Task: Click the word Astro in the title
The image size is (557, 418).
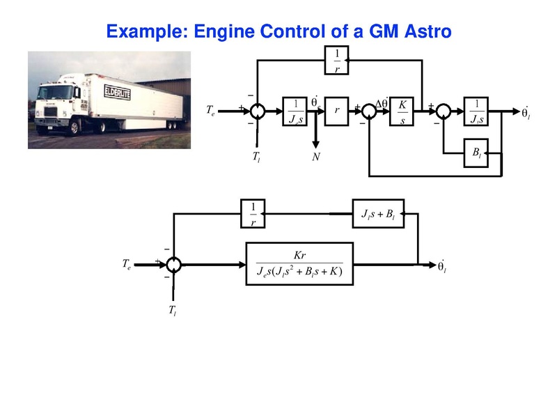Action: (421, 31)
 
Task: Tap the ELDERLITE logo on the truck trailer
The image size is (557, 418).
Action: (117, 91)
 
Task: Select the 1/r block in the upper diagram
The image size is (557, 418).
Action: (337, 61)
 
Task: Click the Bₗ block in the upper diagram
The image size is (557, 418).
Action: (476, 153)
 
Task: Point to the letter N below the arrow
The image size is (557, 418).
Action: (316, 157)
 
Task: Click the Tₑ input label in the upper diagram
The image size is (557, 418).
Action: (212, 111)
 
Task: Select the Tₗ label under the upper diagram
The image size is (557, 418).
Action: (256, 157)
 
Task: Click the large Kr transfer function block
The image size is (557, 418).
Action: (299, 264)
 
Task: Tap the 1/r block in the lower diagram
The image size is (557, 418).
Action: (253, 214)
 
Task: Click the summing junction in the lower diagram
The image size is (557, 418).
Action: (174, 264)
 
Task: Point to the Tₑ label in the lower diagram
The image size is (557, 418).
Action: (126, 264)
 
